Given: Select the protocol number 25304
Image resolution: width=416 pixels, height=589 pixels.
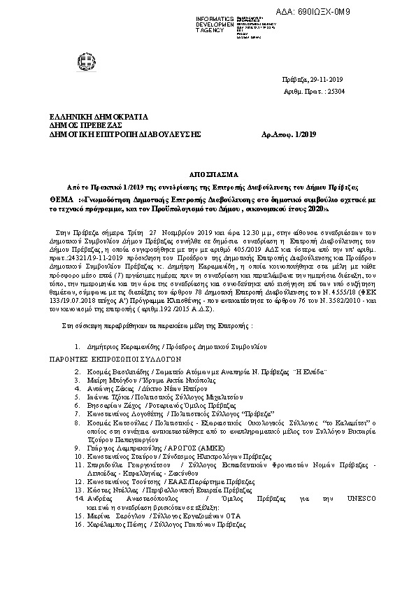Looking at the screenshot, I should coord(347,91).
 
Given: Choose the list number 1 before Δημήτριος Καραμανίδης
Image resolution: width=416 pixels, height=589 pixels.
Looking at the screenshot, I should coord(76,346).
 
